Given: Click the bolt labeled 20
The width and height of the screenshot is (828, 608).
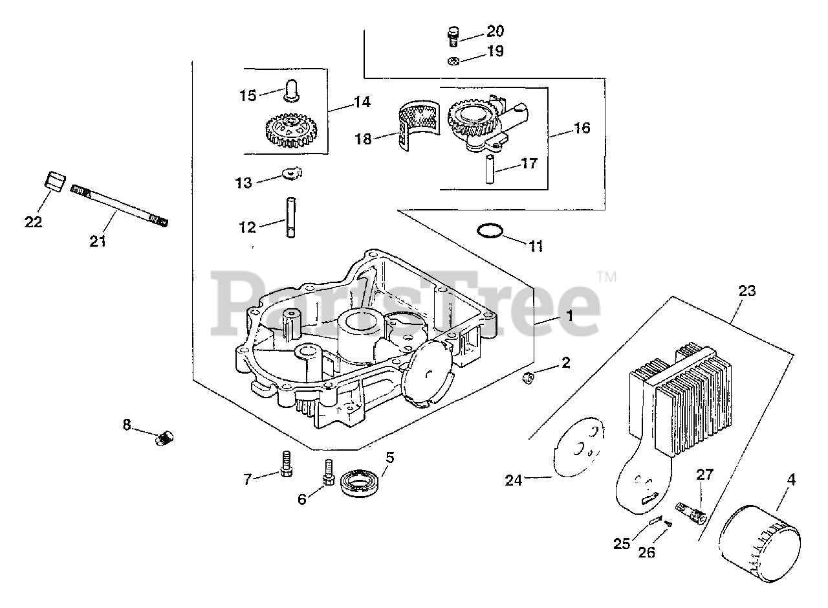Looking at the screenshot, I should pos(453,35).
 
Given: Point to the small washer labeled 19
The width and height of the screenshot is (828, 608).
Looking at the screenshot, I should pos(453,61).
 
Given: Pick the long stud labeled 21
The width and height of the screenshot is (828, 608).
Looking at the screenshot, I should pos(120,206).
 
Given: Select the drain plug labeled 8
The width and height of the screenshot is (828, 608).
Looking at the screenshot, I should pos(164,438).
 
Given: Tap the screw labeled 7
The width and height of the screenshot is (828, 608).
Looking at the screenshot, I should pos(285,464).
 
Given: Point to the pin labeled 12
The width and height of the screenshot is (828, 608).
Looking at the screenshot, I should pos(290,218).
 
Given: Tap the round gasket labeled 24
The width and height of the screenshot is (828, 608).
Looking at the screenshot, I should pos(578,447).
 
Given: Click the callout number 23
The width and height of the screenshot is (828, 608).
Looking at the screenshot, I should pos(746,291).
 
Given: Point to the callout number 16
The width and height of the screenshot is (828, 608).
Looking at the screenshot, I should pos(582,128).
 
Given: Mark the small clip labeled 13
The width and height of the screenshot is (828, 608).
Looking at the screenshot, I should pos(292,174).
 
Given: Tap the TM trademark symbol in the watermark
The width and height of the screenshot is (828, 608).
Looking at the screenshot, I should pos(607,276).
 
